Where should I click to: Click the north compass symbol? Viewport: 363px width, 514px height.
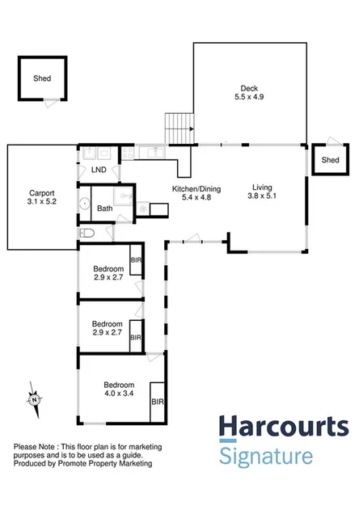(x=35, y=399)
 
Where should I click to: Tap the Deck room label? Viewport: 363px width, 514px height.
(x=249, y=88)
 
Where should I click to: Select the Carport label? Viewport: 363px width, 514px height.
(x=42, y=193)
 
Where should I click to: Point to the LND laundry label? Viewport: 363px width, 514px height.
(x=98, y=170)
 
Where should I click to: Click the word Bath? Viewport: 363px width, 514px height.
(x=105, y=209)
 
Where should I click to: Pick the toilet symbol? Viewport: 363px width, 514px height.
(x=88, y=233)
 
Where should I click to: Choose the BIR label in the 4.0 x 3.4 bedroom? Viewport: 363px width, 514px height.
(x=158, y=400)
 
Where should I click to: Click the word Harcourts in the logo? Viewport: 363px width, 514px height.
(x=284, y=428)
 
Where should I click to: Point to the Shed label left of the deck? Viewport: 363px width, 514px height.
(x=41, y=79)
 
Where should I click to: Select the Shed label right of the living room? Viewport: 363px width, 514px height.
(x=330, y=160)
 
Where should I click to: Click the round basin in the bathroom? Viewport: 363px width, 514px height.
(x=84, y=204)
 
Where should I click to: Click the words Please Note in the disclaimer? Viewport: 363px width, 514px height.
(x=36, y=447)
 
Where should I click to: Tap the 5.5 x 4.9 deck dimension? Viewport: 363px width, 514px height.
(x=249, y=97)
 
